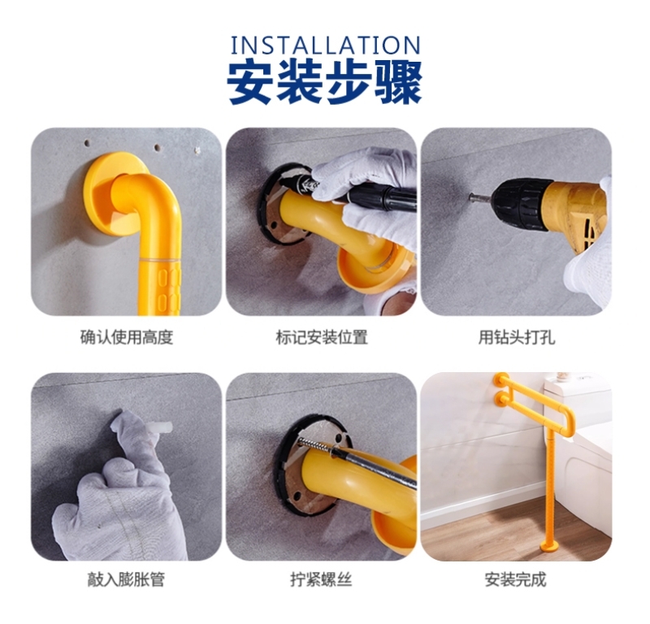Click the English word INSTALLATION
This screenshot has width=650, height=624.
326,45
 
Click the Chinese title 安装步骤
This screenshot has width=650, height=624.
325,83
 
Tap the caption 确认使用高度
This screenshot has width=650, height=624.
127,337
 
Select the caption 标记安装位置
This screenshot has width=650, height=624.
322,337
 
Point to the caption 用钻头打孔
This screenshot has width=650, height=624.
517,337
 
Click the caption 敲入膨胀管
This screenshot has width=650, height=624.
126,579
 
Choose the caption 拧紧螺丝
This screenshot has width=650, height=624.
321,579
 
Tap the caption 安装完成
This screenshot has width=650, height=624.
516,579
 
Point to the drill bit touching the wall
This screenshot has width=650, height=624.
480,197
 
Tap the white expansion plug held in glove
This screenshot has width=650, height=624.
162,427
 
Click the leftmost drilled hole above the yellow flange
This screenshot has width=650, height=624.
87,144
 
